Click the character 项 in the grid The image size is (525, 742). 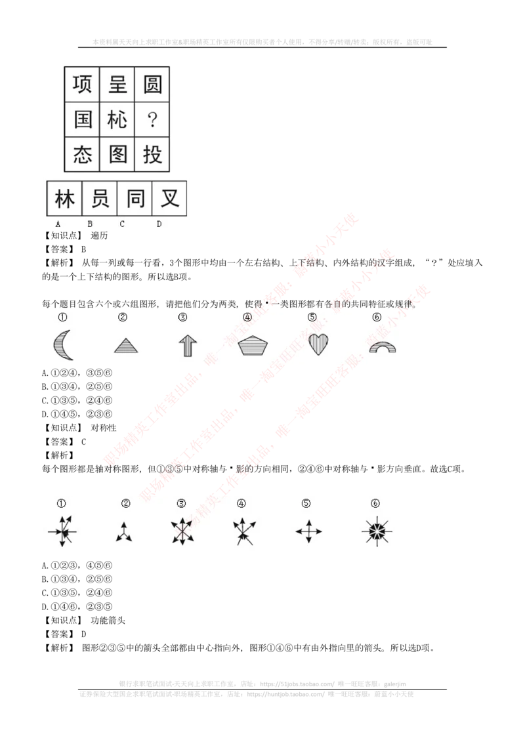(82, 85)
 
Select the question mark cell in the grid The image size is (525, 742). (152, 119)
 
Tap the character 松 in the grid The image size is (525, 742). (117, 119)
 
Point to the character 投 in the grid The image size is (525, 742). (152, 155)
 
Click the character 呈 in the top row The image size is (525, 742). (117, 85)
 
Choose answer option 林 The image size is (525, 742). (64, 198)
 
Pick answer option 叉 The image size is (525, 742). (170, 198)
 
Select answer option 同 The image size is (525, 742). (135, 198)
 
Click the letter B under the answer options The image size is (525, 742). (90, 224)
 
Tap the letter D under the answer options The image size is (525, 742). (159, 224)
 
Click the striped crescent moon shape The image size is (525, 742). (63, 345)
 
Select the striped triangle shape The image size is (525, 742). (126, 346)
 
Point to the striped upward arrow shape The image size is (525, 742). (188, 344)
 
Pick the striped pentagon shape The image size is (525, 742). (252, 345)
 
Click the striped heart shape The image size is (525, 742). (318, 344)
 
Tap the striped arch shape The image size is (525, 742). (382, 347)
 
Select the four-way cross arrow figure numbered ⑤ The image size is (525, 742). (308, 531)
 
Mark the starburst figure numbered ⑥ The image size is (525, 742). (377, 531)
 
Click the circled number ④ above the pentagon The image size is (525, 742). (247, 318)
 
